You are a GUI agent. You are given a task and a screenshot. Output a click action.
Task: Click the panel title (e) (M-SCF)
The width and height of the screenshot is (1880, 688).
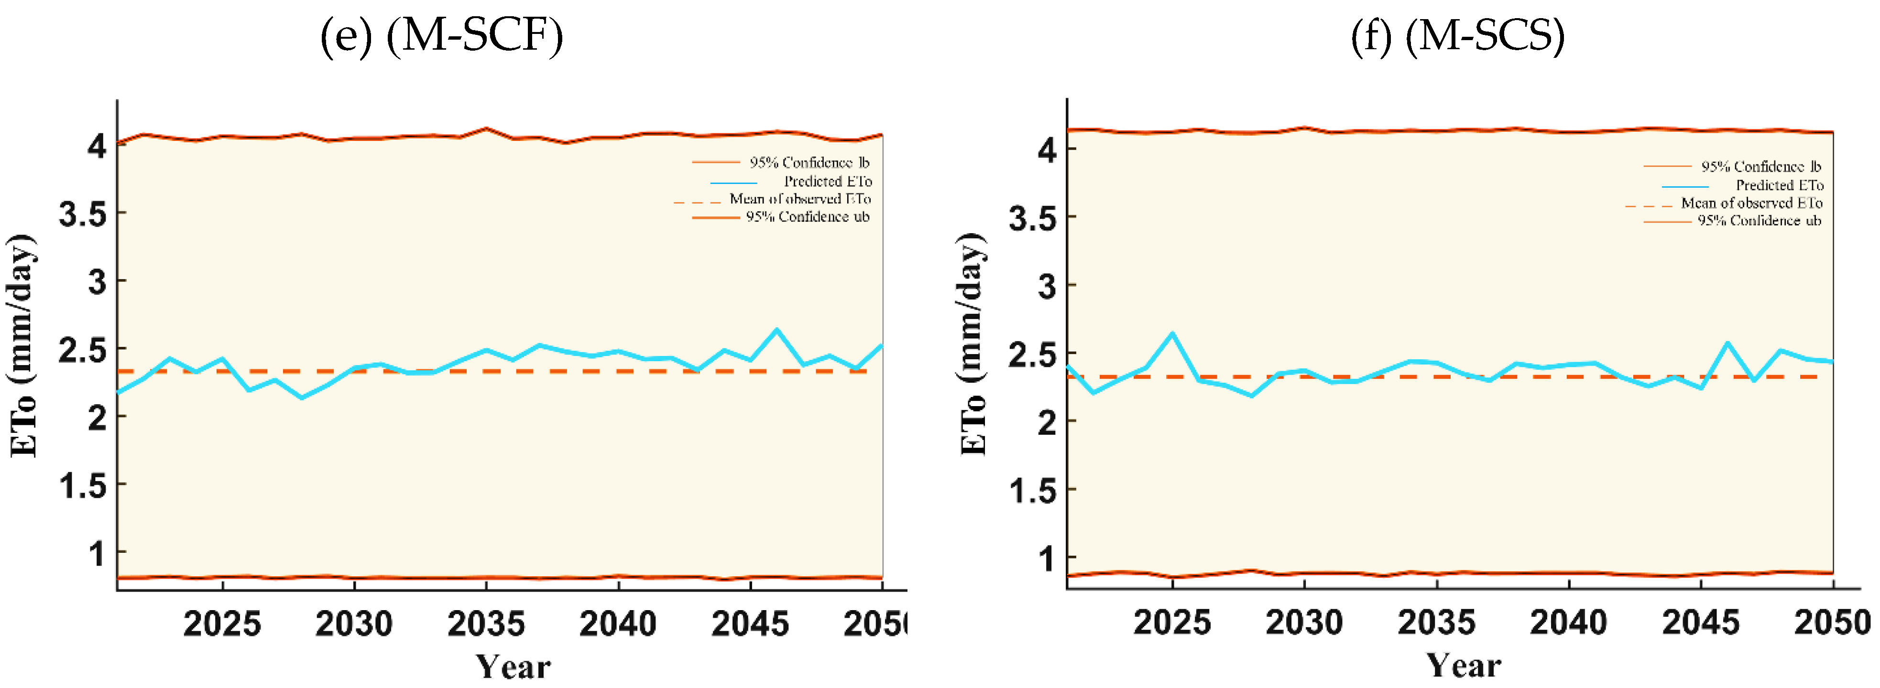coord(441,35)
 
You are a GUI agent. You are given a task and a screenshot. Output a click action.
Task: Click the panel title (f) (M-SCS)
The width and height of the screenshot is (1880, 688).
coord(1457,35)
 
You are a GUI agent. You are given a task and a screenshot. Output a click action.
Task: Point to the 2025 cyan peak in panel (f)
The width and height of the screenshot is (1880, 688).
coord(1172,333)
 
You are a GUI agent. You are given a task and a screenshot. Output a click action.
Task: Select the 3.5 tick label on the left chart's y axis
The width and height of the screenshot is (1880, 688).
coord(82,215)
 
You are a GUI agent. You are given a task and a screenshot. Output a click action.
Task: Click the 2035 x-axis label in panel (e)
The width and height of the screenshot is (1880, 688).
coord(486,624)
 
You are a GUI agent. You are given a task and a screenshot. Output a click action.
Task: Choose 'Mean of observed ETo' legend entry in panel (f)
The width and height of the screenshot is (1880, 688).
coord(1751,203)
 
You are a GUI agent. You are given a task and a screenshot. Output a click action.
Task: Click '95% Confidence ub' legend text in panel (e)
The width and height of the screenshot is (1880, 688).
coord(807,217)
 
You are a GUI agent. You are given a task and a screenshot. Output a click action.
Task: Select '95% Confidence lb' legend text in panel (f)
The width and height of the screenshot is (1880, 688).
coord(1760,166)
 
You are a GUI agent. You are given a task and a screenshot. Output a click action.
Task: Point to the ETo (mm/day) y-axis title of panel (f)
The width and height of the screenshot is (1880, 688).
coord(973,344)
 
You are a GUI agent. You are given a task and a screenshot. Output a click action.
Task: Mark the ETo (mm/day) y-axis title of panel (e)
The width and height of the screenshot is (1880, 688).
coord(22,346)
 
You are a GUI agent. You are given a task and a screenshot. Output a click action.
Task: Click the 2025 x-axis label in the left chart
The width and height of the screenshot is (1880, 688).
coord(222,624)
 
